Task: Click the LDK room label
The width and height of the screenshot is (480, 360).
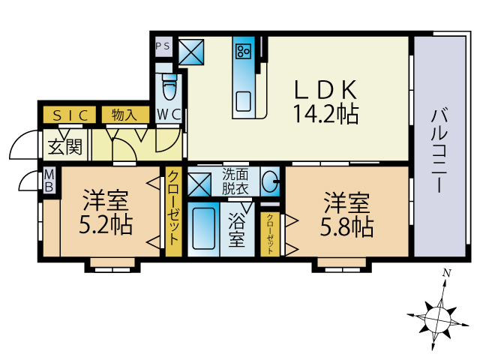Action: [325, 90]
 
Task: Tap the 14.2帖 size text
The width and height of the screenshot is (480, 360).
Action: [325, 114]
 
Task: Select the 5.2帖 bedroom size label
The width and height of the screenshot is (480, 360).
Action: [106, 225]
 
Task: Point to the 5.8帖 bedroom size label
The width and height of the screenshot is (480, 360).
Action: [346, 227]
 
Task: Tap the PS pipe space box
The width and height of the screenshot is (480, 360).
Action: [163, 46]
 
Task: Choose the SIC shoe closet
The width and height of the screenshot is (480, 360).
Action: [70, 115]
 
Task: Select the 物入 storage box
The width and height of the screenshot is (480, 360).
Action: [125, 115]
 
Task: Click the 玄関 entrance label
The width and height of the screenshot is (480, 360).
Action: [65, 146]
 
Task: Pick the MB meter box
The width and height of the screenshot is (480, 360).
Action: [49, 181]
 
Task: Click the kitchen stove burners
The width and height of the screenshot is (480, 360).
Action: [243, 51]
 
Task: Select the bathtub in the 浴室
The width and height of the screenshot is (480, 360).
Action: [203, 229]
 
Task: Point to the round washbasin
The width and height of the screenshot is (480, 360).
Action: [270, 181]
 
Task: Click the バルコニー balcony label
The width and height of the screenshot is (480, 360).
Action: [440, 151]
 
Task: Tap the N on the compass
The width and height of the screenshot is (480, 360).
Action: [447, 273]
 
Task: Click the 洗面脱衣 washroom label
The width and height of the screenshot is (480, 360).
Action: [235, 181]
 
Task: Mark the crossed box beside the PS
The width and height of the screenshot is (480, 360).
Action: [191, 52]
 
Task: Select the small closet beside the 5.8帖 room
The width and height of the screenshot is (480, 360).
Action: [270, 234]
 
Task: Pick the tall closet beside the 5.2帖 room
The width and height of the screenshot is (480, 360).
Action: [173, 211]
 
